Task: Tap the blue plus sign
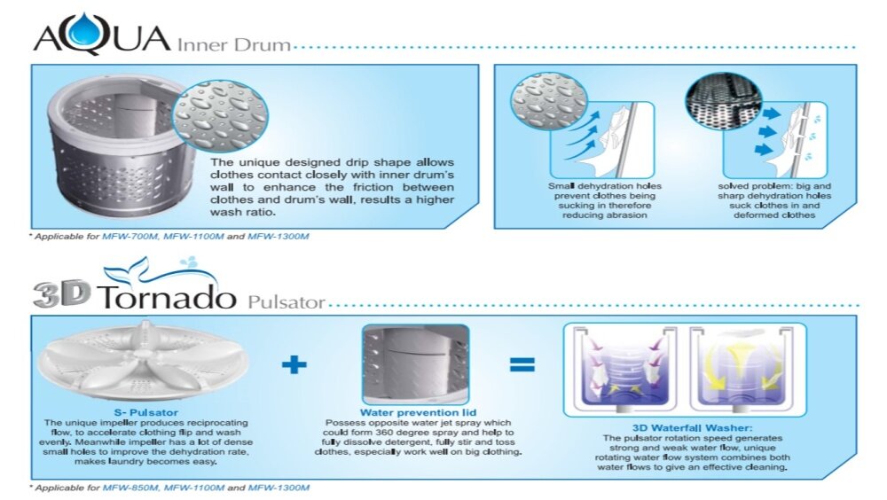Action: (x=294, y=364)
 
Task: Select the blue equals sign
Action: (x=522, y=364)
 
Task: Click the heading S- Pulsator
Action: (x=146, y=413)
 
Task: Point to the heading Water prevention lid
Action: (x=418, y=413)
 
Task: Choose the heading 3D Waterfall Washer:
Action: (x=693, y=428)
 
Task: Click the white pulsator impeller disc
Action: (x=144, y=360)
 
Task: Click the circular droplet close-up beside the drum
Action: (x=220, y=116)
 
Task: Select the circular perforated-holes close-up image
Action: (x=724, y=102)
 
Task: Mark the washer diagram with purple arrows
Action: (x=624, y=369)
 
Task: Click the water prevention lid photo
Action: (x=416, y=363)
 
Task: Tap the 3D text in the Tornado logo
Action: (x=62, y=294)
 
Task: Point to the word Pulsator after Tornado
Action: (x=287, y=302)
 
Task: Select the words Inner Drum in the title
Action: (x=233, y=44)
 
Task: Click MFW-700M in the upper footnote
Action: (x=130, y=237)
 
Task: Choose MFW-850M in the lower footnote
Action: (x=130, y=488)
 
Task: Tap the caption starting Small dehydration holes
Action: (x=604, y=200)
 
